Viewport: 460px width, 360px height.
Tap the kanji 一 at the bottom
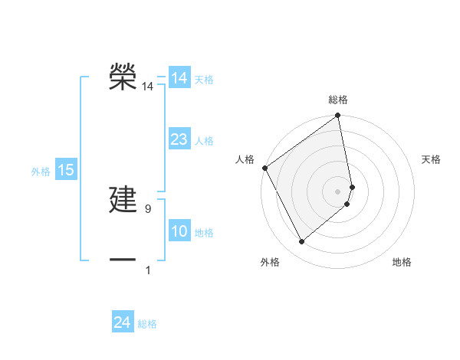pos(123,260)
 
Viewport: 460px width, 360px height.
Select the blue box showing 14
pos(179,78)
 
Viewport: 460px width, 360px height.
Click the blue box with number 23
pos(179,139)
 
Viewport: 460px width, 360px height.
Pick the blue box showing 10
pos(179,231)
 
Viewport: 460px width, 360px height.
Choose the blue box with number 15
pos(66,170)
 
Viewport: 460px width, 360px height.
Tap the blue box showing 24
pos(122,322)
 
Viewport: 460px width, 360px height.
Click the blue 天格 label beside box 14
pos(204,80)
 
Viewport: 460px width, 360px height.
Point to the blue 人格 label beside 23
pos(204,141)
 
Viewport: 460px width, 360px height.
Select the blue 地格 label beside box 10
pos(204,233)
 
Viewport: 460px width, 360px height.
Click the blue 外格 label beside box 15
pos(41,172)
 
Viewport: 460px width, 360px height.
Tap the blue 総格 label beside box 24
pos(147,324)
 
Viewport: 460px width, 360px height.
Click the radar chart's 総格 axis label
pos(338,100)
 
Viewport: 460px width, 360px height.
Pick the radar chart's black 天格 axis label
pos(431,159)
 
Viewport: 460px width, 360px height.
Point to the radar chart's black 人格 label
pos(245,159)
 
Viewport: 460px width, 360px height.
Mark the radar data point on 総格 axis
pos(338,116)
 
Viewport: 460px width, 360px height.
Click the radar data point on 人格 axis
pos(264,168)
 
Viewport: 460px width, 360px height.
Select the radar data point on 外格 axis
pos(301,242)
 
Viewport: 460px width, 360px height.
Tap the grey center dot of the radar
pos(338,191)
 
